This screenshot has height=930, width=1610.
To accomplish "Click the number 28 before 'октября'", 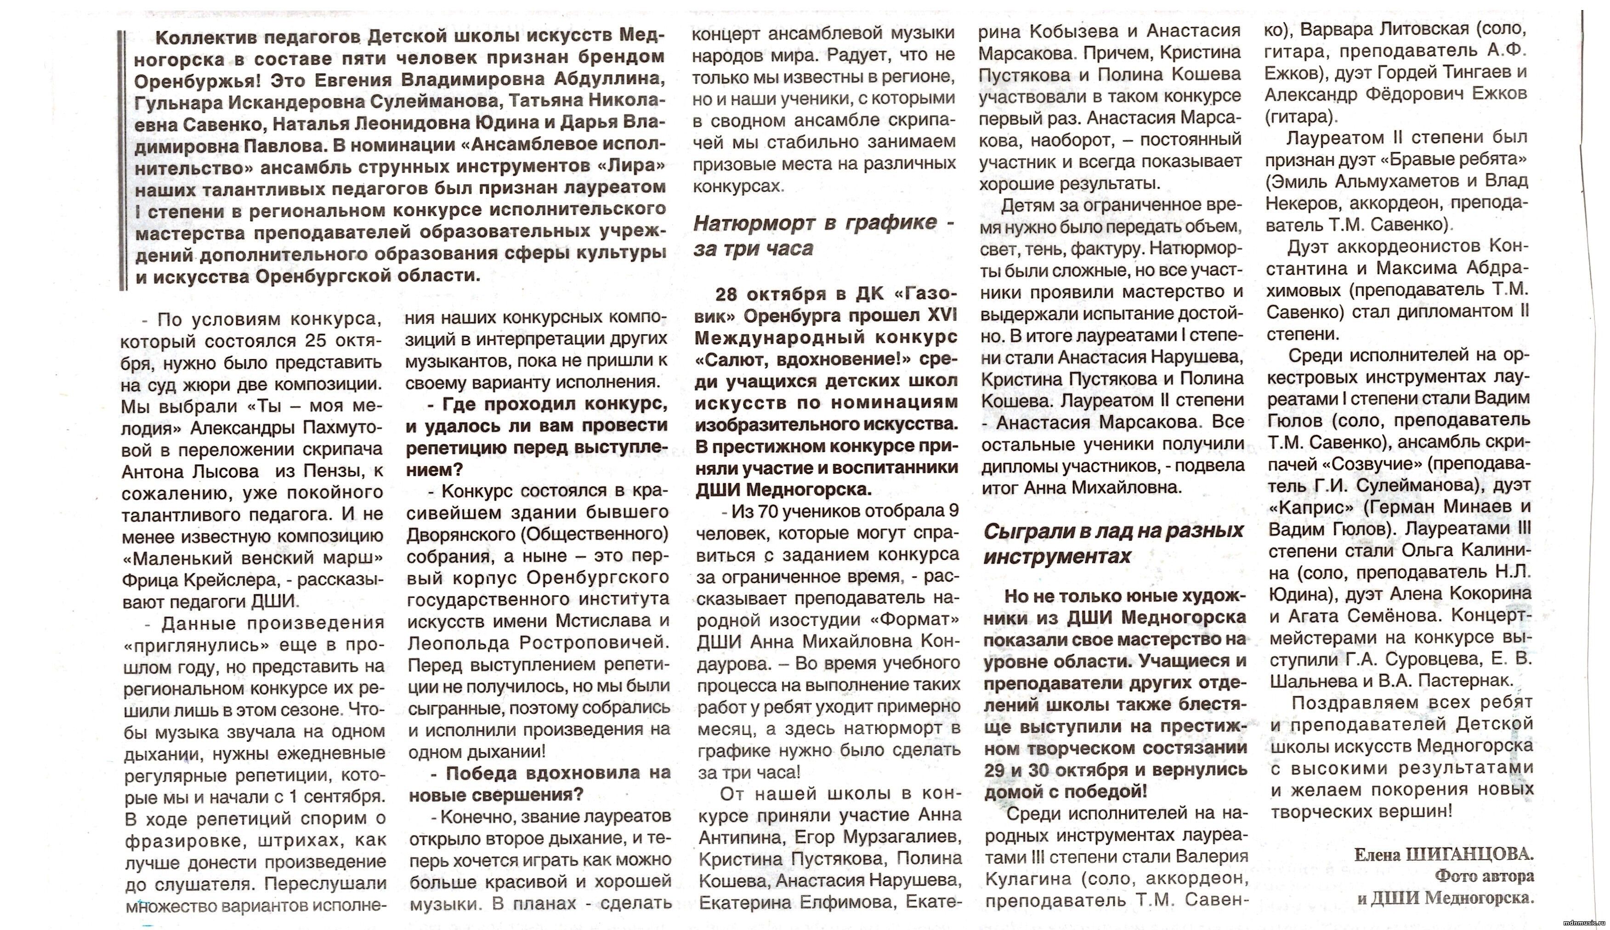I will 728,294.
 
